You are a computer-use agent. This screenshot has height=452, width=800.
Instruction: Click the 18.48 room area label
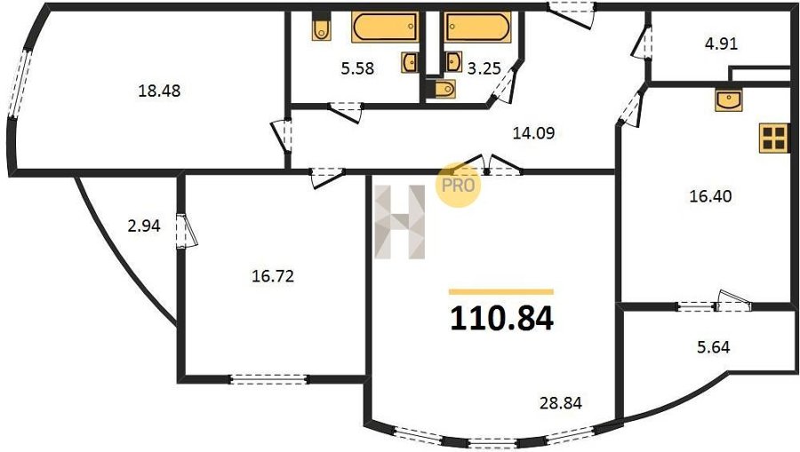[x=160, y=91]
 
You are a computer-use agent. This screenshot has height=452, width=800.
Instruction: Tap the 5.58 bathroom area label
[x=357, y=67]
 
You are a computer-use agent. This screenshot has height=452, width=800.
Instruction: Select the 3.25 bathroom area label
[x=484, y=67]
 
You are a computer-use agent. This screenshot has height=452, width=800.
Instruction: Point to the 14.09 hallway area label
[x=533, y=133]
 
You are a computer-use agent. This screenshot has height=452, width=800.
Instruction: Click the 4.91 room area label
[x=722, y=44]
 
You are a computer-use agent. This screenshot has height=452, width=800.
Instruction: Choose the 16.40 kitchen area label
[x=710, y=195]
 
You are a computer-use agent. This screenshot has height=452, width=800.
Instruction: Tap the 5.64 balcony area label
[x=713, y=347]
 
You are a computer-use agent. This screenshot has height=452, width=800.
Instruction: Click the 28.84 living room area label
[x=561, y=403]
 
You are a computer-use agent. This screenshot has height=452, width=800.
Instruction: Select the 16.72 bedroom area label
[x=273, y=276]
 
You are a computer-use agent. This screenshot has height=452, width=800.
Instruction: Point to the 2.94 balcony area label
[x=144, y=226]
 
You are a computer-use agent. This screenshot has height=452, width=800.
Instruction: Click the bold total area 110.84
[x=501, y=319]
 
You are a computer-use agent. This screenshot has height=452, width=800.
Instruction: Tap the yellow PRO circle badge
[x=458, y=185]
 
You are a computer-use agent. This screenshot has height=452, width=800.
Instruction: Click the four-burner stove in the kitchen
[x=773, y=138]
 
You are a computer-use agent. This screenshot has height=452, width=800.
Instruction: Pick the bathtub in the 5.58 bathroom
[x=385, y=27]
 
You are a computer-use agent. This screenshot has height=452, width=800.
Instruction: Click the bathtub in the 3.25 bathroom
[x=477, y=27]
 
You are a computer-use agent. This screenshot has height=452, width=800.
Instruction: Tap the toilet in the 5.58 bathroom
[x=321, y=29]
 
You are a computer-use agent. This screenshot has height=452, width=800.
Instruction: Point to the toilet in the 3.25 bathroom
[x=445, y=89]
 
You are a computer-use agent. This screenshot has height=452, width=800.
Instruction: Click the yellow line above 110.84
[x=501, y=292]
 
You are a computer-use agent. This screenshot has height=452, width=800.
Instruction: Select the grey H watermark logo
[x=399, y=222]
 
